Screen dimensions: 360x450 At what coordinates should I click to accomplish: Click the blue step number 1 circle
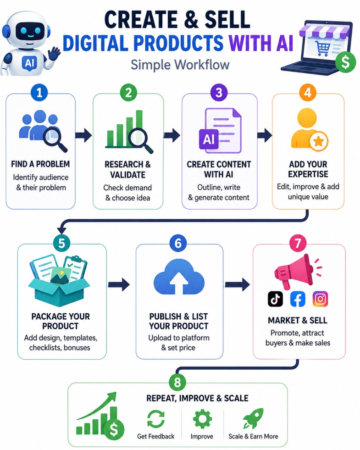39,93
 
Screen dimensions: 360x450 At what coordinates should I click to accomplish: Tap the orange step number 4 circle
308,93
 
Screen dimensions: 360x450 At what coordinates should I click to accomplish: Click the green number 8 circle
177,382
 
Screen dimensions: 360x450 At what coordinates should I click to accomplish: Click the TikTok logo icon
275,299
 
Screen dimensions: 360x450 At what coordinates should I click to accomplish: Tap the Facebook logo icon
298,299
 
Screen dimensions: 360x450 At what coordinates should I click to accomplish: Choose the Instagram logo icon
320,299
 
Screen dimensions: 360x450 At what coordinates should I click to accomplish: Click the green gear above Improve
202,419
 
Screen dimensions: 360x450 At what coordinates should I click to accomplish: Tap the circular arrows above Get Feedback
156,419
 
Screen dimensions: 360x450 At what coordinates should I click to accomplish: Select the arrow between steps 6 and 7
237,284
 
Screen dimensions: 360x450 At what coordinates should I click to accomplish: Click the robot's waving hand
54,54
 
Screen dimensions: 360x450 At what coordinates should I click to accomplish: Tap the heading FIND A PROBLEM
40,164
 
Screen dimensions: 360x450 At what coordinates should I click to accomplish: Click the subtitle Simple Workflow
180,64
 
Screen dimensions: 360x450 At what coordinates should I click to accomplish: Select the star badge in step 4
319,141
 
